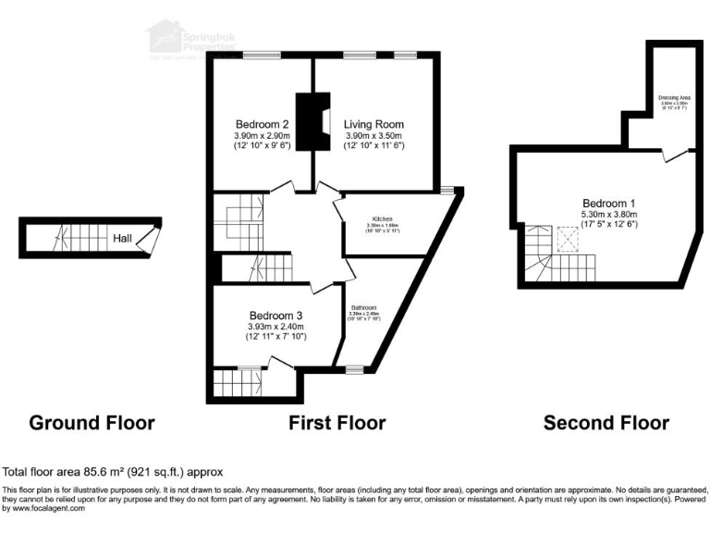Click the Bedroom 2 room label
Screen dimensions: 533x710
coord(262,124)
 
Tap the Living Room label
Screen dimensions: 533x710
coord(373,124)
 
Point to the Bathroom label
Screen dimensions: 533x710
coord(362,307)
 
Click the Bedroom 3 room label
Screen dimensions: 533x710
coord(275,315)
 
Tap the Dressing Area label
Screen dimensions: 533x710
coord(676,96)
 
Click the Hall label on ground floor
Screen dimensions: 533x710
coord(121,239)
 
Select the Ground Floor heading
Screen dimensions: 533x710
coord(92,423)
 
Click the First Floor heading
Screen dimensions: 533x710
coord(337,423)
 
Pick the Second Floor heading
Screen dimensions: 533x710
coord(606,423)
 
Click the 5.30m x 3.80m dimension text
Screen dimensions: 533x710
coord(607,217)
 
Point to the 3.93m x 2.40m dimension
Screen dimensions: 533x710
coord(275,327)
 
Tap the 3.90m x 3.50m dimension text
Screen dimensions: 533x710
coord(373,136)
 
